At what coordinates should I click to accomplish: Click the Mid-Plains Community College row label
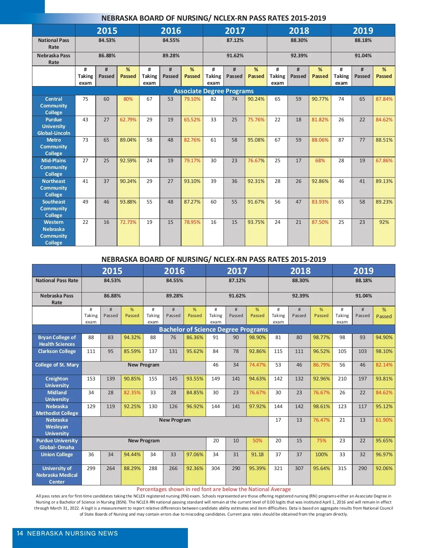pos(53,167)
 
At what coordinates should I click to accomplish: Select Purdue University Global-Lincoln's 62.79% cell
pos(128,120)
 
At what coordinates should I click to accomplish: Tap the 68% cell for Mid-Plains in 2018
pos(320,160)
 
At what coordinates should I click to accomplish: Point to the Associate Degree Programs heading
pos(213,91)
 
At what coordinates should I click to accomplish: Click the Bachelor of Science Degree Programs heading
pos(213,330)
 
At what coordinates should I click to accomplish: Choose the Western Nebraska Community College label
pos(53,232)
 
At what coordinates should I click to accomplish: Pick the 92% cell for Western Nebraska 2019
pos(384,222)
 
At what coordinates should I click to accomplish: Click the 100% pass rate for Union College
pos(321,454)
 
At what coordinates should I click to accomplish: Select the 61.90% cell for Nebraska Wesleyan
pos(384,420)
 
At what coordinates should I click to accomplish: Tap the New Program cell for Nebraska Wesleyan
pos(175,420)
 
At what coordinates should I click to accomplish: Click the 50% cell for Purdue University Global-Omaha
pos(257,441)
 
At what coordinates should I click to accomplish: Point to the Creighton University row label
pos(57,382)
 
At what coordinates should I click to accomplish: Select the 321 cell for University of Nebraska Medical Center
pos(278,468)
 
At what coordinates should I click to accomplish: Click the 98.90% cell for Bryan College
pos(257,337)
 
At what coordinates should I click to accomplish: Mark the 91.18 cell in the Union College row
pos(257,454)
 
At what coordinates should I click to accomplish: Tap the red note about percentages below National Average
pos(213,489)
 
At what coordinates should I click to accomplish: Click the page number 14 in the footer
pos(20,533)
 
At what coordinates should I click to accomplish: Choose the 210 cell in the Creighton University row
pos(342,379)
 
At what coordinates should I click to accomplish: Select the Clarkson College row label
pos(57,351)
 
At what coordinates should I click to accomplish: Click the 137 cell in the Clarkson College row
pos(153,351)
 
